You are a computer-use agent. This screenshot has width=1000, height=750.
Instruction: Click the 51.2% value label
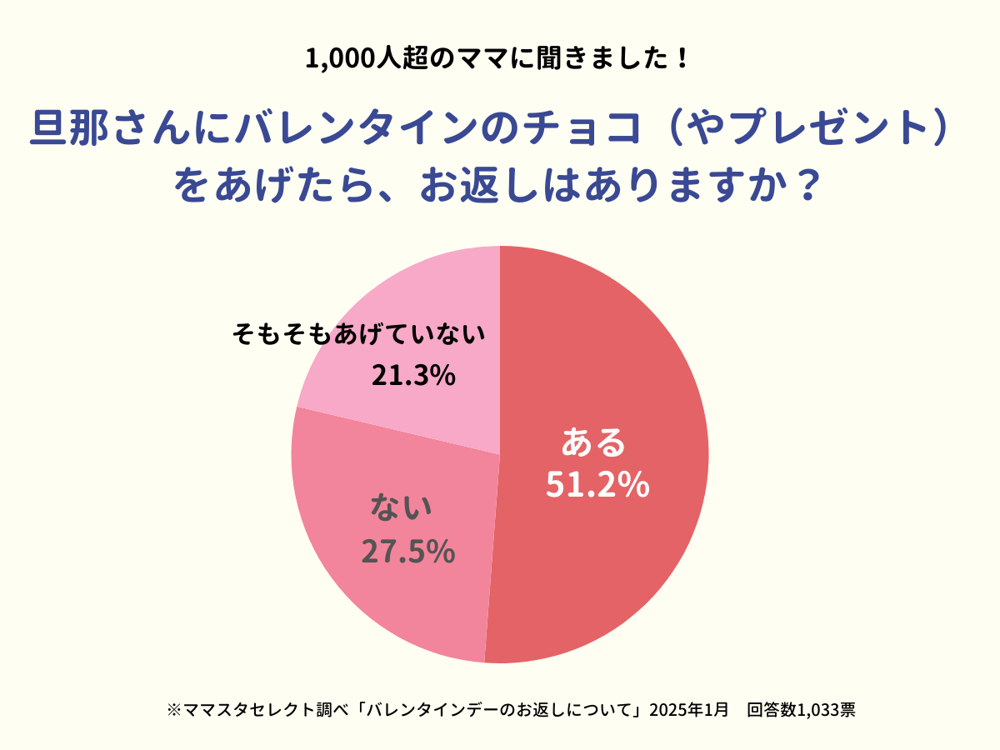click(597, 485)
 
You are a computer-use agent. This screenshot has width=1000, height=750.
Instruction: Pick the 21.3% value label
click(413, 376)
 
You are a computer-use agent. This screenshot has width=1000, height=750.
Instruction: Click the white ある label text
click(593, 442)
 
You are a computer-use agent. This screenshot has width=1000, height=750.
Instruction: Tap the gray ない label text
click(401, 507)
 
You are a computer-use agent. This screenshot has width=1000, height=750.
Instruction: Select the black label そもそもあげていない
click(358, 335)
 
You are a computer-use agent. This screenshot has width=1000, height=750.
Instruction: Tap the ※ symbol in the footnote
click(173, 711)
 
